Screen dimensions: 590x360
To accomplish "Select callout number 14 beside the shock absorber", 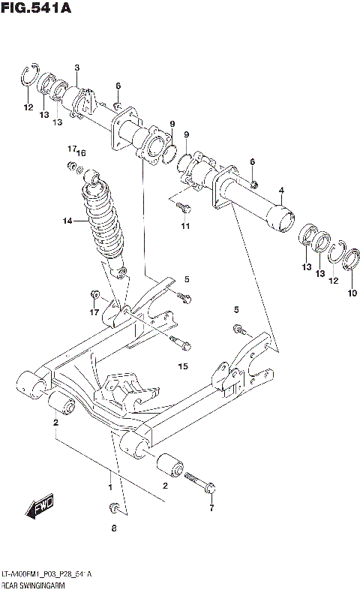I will click(67, 221).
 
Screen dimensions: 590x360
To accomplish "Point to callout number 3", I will click(76, 69).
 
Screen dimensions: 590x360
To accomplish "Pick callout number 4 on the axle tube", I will click(281, 191).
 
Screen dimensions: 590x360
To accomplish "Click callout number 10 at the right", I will click(352, 293).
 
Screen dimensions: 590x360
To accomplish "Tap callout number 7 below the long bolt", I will click(211, 508).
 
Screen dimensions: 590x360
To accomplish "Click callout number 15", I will click(181, 367).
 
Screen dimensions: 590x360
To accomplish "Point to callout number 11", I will click(185, 226).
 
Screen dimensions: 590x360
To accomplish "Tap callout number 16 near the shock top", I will click(82, 152).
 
